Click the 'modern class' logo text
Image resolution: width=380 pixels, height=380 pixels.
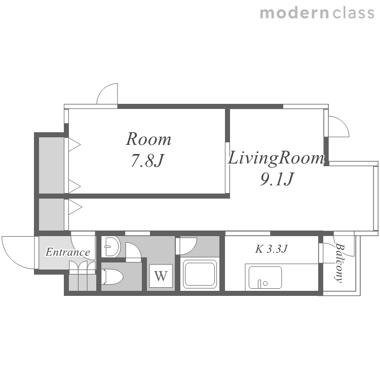coord(317,13)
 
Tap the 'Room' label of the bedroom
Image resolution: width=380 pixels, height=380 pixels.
coord(148,139)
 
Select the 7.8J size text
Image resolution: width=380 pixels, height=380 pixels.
coord(147,160)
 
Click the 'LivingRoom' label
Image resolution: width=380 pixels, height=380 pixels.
coord(276,159)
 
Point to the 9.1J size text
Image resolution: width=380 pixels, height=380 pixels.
coord(277,179)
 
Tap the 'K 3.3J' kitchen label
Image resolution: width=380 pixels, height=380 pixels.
coord(272,249)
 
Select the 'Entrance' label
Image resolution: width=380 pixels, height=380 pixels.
coord(68,252)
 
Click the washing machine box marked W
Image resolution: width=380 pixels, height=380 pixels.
coord(161,276)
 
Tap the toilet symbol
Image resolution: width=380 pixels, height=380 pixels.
coord(113,277)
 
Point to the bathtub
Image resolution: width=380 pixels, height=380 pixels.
coord(200,274)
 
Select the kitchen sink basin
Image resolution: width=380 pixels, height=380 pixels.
coord(265,278)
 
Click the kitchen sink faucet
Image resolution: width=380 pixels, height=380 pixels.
coord(262,284)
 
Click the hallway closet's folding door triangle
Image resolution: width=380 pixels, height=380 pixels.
coord(75,207)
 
